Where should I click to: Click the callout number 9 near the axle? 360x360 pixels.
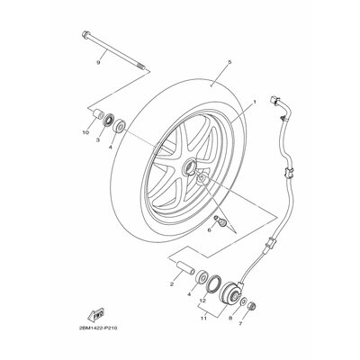98,62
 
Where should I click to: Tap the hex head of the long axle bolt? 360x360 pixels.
85,34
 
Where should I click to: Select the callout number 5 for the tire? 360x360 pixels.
229,62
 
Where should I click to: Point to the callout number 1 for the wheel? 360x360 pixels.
255,102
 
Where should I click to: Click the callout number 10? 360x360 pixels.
86,132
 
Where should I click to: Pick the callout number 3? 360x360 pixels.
98,139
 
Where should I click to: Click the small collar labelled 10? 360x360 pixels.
98,115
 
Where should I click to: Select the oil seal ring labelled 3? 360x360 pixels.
109,120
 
